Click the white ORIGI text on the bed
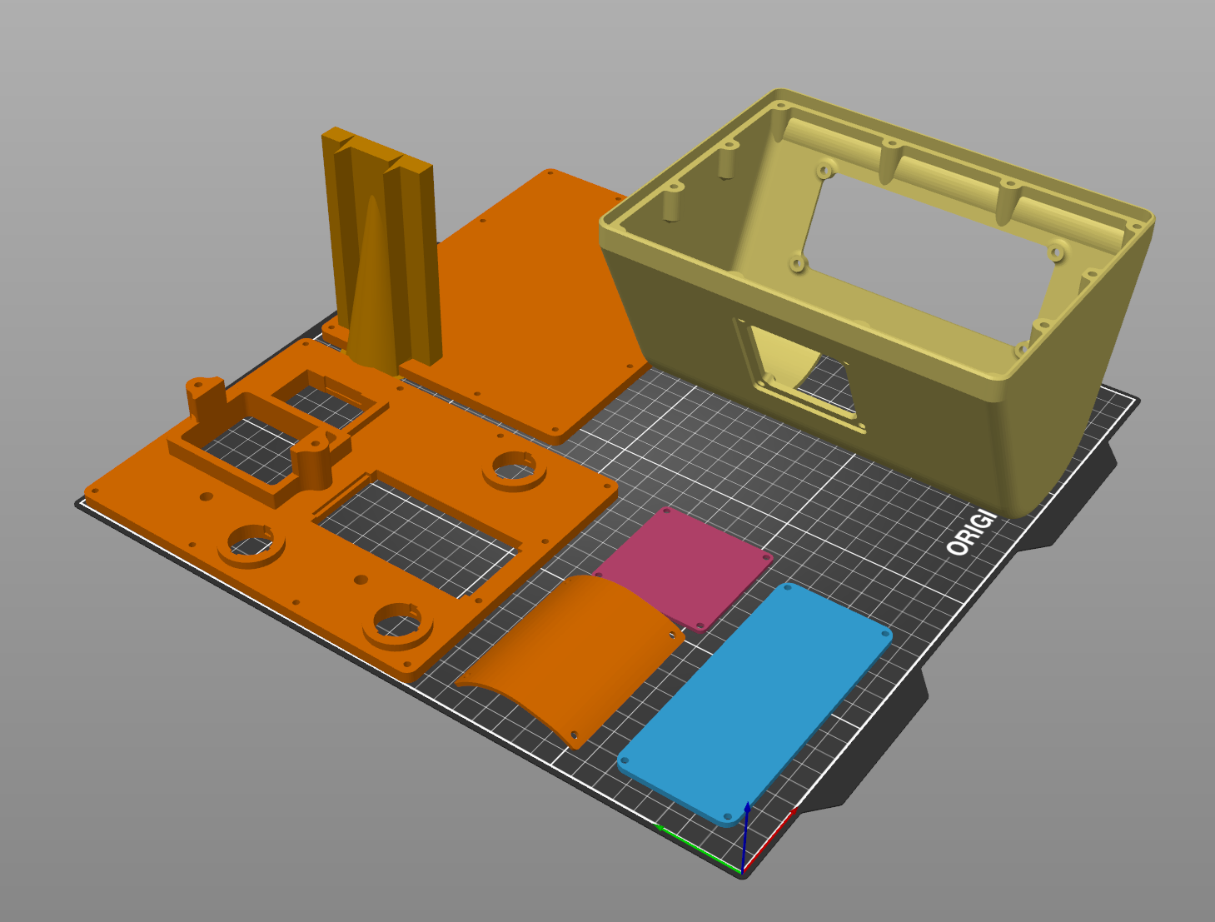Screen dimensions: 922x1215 pos(971,534)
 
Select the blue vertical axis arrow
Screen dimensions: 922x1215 pos(746,833)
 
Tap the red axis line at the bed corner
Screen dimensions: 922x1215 pos(770,841)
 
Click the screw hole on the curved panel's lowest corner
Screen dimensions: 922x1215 pos(574,735)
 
